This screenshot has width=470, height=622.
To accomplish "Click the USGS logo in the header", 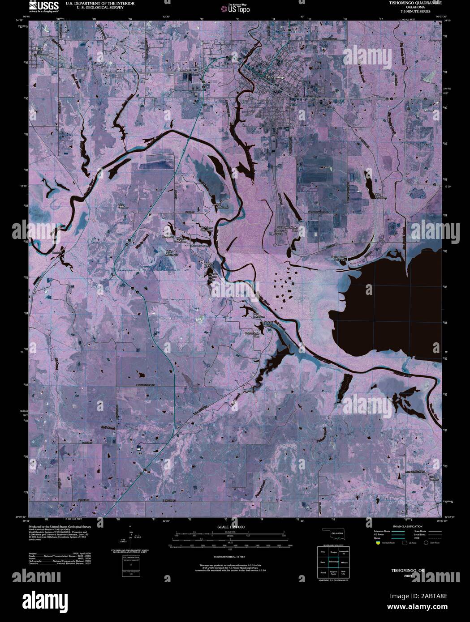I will click(43, 6).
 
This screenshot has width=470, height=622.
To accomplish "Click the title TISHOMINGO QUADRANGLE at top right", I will click(415, 3).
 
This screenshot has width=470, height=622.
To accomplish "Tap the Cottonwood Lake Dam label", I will click(289, 230).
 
